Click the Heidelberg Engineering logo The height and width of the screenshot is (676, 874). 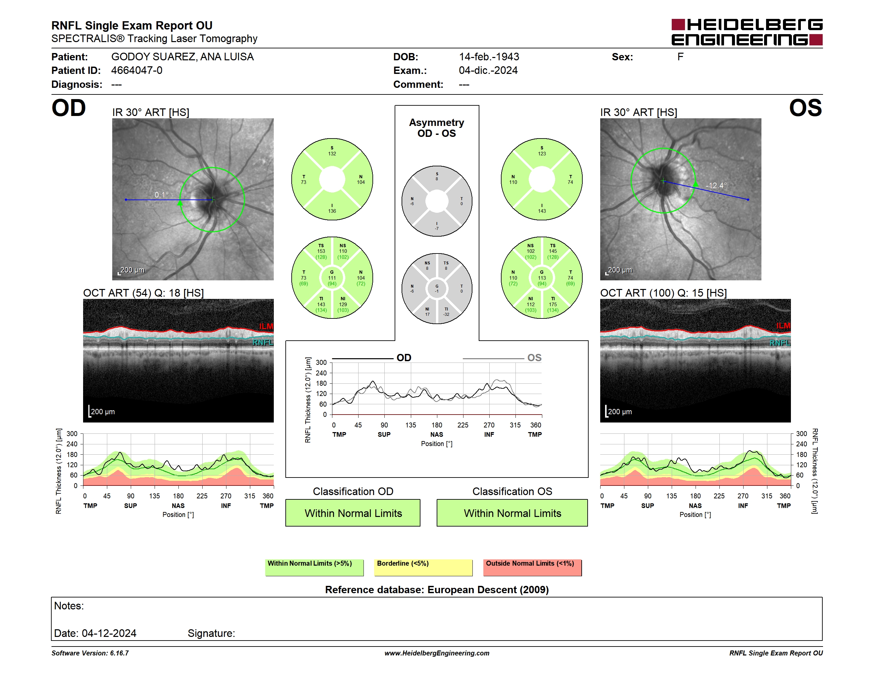click(747, 32)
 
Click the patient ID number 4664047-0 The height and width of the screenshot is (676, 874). click(136, 71)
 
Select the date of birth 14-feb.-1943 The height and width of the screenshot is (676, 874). click(489, 57)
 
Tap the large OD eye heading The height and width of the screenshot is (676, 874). click(69, 108)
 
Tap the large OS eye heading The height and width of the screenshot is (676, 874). click(805, 108)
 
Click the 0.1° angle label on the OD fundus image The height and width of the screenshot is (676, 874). click(162, 195)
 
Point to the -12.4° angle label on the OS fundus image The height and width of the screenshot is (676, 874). click(716, 186)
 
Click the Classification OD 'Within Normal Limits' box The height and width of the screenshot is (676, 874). click(353, 513)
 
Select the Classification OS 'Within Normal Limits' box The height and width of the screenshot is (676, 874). click(512, 513)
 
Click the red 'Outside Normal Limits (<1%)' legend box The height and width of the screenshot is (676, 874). click(532, 567)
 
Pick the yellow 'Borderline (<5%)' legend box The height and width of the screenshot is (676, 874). click(423, 567)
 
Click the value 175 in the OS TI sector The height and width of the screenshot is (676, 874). click(553, 304)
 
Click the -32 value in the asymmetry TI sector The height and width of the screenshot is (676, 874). click(446, 314)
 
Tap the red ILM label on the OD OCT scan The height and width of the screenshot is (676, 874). click(266, 326)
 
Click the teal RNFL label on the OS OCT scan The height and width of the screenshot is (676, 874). click(780, 343)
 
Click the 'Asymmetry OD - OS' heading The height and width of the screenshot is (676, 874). click(437, 128)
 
